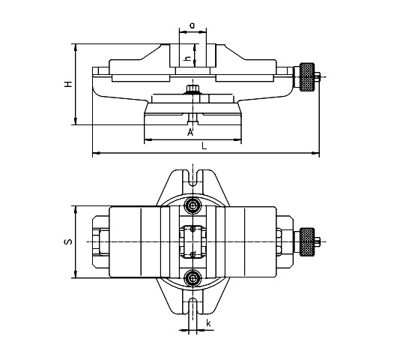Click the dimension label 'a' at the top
point(193,25)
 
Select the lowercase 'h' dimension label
point(187,54)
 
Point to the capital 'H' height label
point(67,85)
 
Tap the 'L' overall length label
point(204,148)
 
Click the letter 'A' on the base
point(190,133)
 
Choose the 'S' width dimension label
point(67,242)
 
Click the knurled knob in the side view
point(307,76)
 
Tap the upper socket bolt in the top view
point(194,205)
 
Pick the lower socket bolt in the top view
point(194,278)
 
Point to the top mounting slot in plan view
point(194,180)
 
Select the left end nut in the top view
point(100,241)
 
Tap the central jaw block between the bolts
point(194,241)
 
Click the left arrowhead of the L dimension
point(94,154)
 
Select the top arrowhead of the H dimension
point(75,44)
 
